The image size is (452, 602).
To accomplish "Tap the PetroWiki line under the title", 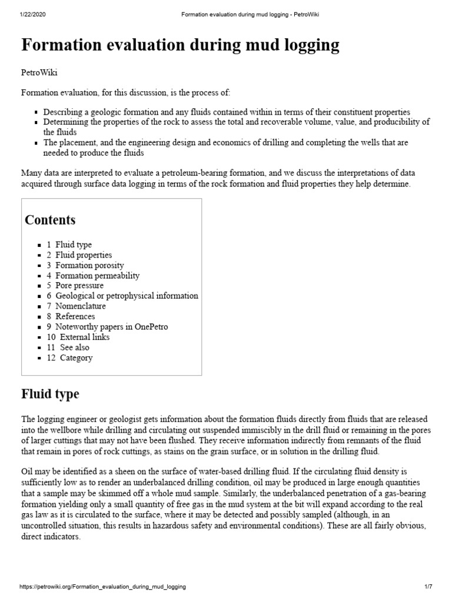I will tap(39, 72).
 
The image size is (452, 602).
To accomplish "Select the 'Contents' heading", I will tap(50, 220).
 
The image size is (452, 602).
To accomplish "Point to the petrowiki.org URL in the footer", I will tap(103, 587).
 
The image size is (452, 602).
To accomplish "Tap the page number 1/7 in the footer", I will tap(428, 587).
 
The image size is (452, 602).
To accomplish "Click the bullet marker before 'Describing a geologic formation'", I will tap(36, 112).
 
